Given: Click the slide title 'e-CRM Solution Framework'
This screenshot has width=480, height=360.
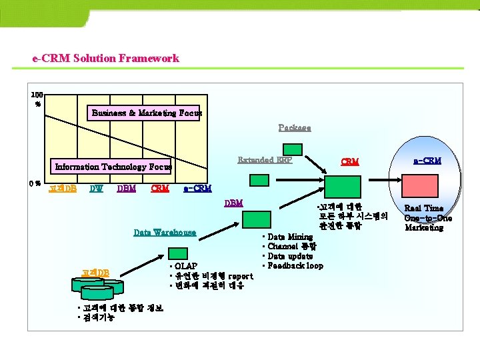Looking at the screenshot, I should (x=105, y=59).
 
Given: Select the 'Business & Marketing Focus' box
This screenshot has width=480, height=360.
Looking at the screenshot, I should (x=147, y=113).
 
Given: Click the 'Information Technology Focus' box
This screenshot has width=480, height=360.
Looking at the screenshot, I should (x=113, y=167).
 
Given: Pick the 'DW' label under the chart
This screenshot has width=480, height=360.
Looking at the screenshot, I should (x=96, y=189).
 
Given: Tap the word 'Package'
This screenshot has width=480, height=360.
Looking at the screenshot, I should (x=294, y=127).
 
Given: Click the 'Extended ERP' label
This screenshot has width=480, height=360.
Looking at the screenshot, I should (x=265, y=159).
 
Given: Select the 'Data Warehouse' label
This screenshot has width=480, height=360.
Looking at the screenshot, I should (x=165, y=232).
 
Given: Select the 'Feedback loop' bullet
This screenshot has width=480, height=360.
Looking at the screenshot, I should (x=295, y=266).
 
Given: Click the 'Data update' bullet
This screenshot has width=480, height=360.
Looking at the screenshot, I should (x=290, y=256).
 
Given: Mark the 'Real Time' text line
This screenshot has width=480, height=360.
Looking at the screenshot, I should (x=424, y=208).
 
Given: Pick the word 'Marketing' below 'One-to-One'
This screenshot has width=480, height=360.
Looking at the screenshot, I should (x=424, y=227).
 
